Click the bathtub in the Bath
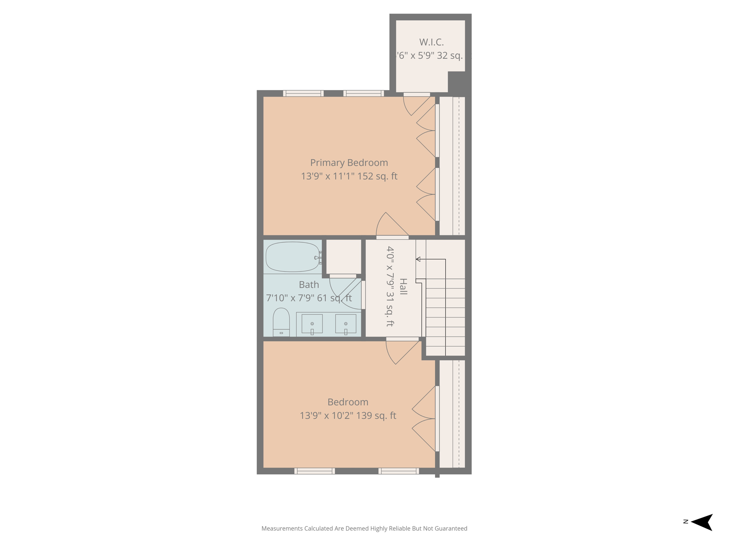pos(293,257)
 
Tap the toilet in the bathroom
pos(281,322)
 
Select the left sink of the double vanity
pos(312,324)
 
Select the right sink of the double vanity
pos(346,324)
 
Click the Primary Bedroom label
pos(349,163)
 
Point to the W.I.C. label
pos(431,42)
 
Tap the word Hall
pos(403,287)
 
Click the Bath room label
pos(309,285)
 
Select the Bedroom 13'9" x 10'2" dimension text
pos(348,416)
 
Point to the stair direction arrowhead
pos(418,259)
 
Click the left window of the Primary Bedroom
pos(303,93)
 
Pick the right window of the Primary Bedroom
pos(363,93)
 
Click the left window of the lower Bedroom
pos(315,471)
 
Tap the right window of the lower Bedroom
pos(399,471)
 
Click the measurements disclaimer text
pos(364,528)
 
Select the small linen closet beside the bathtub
pos(343,257)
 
